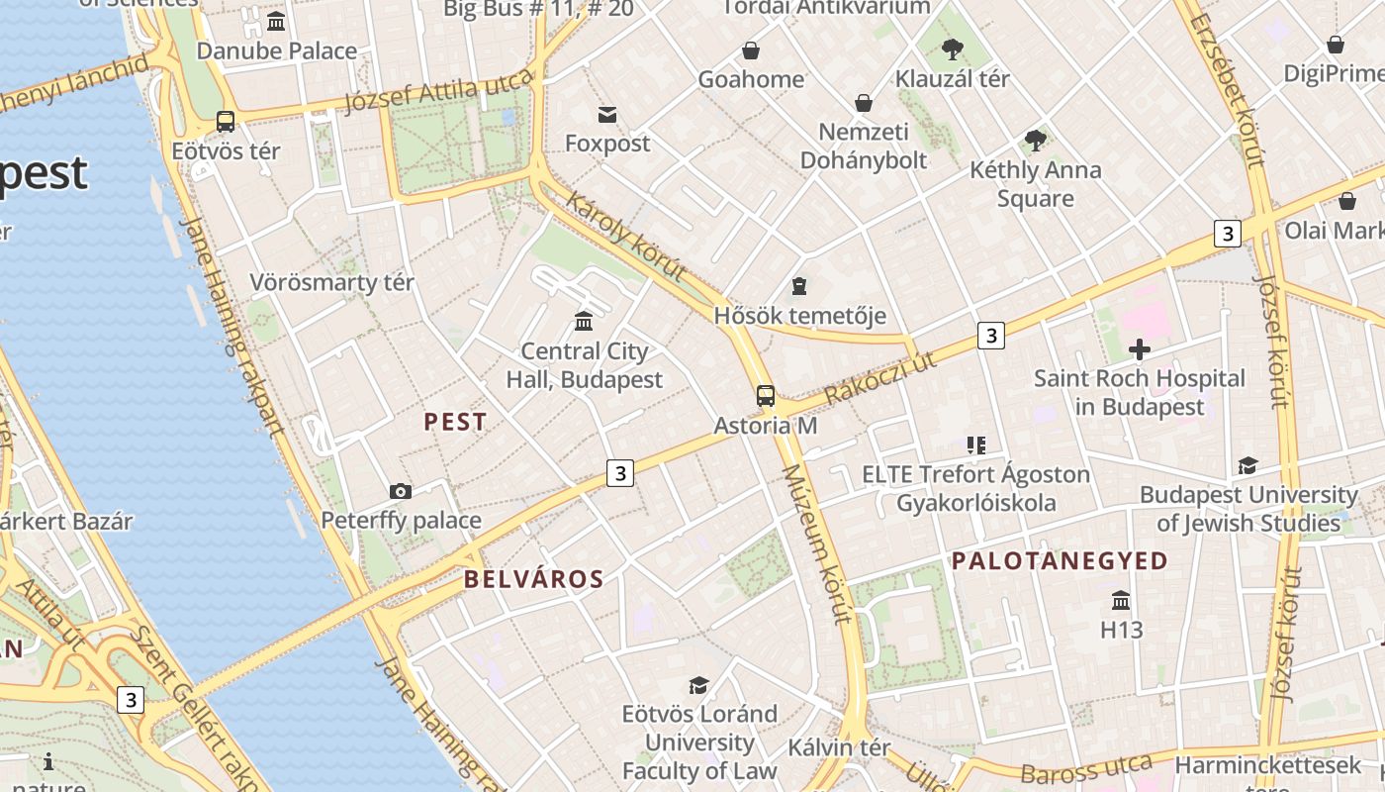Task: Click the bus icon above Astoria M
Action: coord(766,396)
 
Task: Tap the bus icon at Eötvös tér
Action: coord(226,122)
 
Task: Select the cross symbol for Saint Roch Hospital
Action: coord(1140,348)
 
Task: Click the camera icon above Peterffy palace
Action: coord(401,491)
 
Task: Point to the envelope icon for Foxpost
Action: coord(607,115)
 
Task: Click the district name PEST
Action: coord(455,422)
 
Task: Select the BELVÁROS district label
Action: coord(533,579)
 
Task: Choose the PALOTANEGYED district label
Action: coord(1060,561)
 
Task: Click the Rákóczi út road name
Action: coord(880,380)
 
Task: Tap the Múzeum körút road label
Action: coord(816,544)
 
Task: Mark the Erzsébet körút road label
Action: coord(1227,90)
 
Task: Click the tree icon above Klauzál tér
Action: coord(953,49)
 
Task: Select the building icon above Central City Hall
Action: coord(584,322)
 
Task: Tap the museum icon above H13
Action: coord(1121,601)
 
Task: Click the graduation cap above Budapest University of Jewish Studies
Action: coord(1247,465)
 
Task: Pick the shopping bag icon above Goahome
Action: coord(751,50)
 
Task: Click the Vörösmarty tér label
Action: coord(331,283)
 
